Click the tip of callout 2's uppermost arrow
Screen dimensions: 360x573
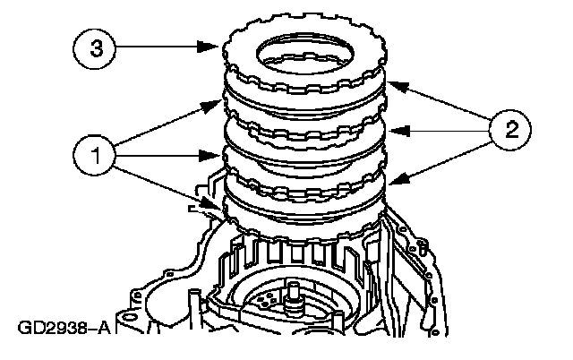coord(389,84)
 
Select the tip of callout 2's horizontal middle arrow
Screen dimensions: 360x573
coord(389,131)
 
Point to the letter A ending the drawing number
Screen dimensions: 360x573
coord(103,329)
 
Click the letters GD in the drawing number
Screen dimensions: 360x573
coord(27,329)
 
